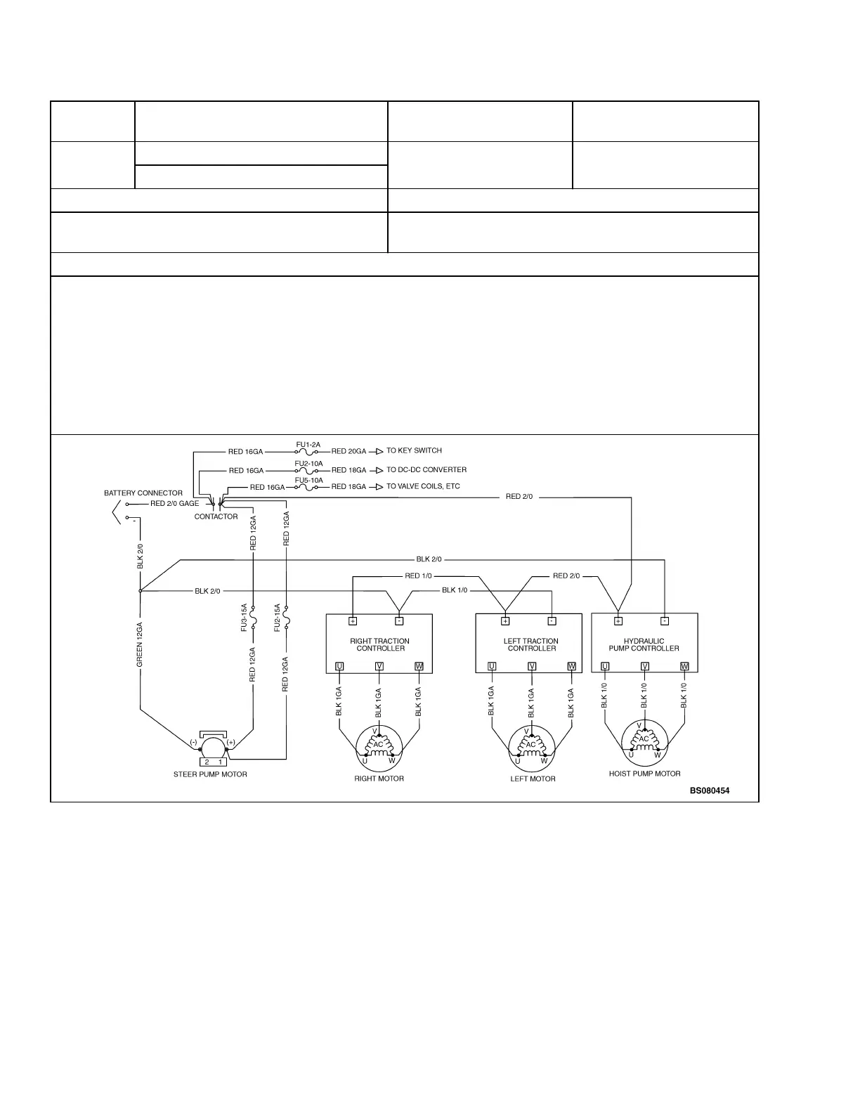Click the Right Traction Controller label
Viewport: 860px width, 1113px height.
click(379, 644)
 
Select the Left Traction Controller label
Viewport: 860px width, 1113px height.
click(531, 644)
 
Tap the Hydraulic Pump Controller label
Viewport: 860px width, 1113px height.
click(644, 644)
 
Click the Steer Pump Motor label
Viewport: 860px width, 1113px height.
click(210, 774)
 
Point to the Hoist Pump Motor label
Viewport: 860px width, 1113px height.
click(644, 774)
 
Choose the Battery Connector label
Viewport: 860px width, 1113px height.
click(143, 493)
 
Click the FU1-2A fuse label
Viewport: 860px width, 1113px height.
click(308, 445)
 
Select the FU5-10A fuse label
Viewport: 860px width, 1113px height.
click(309, 481)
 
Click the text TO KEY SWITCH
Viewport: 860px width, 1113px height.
click(414, 451)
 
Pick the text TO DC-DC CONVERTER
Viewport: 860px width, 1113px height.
click(426, 470)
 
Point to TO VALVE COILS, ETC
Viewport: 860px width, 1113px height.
click(423, 486)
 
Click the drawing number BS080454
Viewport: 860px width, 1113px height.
click(710, 790)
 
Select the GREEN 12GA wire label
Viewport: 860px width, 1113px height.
click(140, 644)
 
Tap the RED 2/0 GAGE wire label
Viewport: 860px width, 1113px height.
click(174, 503)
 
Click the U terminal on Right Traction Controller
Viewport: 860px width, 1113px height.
click(339, 666)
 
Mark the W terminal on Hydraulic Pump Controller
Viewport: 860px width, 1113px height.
click(684, 666)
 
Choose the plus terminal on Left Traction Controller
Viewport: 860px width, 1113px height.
click(505, 621)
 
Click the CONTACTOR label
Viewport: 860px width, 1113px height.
click(216, 516)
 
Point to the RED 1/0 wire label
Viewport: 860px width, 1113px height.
click(418, 576)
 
